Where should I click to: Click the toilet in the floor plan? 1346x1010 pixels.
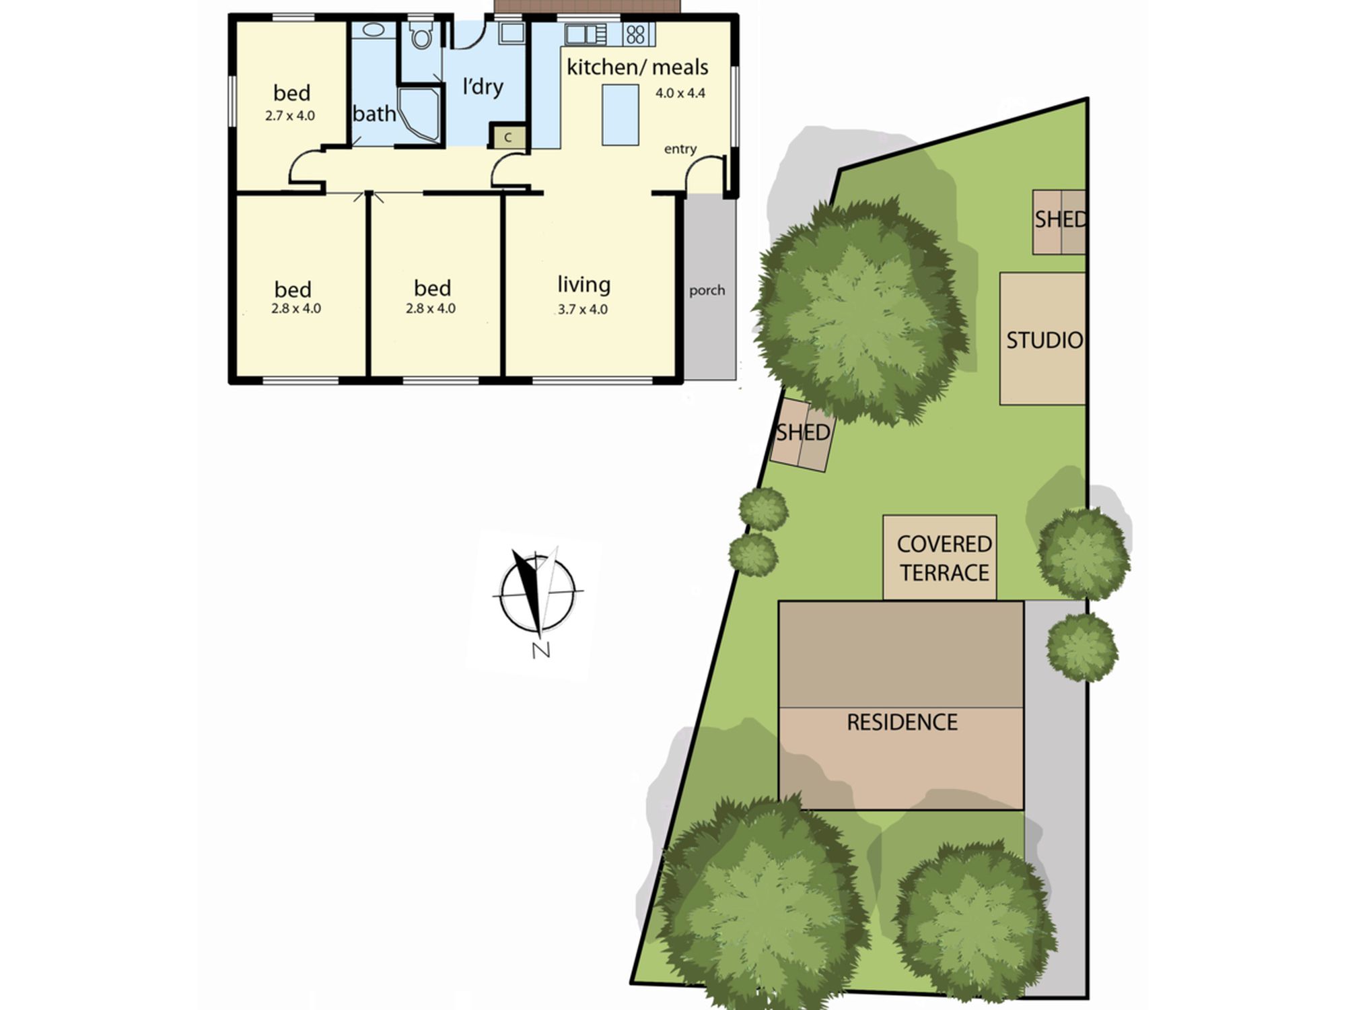point(421,36)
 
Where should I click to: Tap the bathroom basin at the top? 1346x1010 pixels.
point(374,30)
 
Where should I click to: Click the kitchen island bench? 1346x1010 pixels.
point(620,114)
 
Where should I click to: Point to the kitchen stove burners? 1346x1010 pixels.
point(635,34)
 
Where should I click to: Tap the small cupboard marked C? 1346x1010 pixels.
point(508,137)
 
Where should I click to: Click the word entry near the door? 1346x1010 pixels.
point(680,149)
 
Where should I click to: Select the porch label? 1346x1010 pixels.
point(707,290)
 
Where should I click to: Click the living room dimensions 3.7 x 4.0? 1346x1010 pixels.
point(582,309)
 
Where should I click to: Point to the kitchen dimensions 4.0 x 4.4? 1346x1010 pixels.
point(680,93)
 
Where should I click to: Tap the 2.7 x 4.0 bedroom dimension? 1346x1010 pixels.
point(290,115)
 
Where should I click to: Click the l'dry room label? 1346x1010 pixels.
point(483,86)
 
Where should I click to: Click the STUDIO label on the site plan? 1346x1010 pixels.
point(1044,340)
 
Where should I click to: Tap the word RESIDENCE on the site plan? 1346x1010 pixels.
point(902,722)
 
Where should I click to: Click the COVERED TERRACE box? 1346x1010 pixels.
point(940,558)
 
